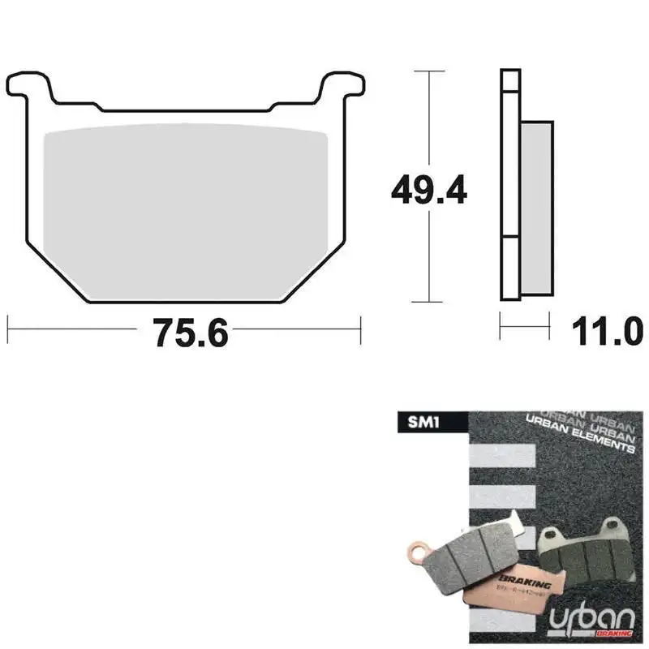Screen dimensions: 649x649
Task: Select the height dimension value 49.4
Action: point(428,191)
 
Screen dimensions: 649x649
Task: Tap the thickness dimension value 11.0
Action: point(608,331)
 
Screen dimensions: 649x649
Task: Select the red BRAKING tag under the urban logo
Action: point(615,633)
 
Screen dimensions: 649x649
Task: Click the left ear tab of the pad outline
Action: point(28,82)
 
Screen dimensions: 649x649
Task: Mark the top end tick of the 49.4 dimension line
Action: point(428,71)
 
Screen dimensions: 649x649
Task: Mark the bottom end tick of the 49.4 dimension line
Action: point(428,302)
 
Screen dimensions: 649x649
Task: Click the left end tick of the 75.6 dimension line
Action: point(7,329)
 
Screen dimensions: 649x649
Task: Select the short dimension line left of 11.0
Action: point(523,329)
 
